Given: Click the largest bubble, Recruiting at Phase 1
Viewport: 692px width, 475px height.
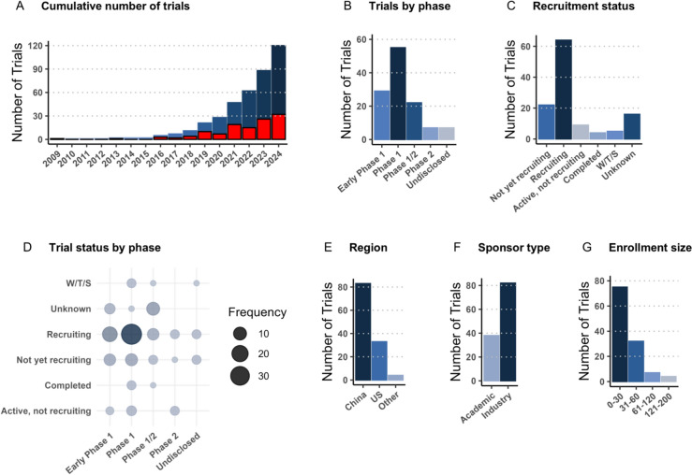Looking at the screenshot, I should pos(131,334).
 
